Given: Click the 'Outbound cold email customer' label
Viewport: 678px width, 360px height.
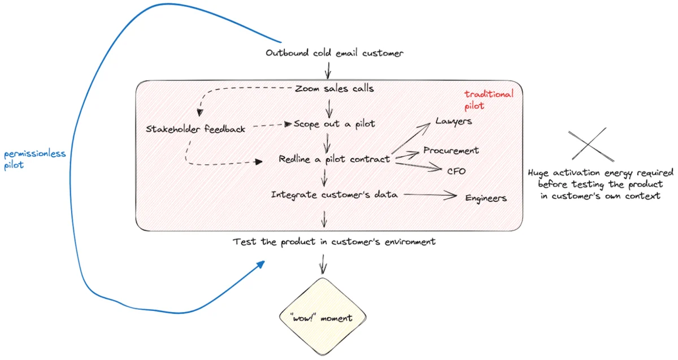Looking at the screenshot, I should (x=334, y=53).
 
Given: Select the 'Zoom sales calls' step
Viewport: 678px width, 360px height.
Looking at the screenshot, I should (x=334, y=89).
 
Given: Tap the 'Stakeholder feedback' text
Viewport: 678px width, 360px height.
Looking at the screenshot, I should (x=195, y=129).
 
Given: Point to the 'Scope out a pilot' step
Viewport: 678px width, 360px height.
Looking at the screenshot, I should (x=334, y=124).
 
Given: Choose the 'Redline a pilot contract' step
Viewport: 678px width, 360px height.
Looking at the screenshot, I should (x=334, y=159).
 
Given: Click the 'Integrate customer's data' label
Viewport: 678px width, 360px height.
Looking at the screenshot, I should (x=334, y=195).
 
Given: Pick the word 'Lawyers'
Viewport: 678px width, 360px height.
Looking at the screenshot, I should (x=453, y=122).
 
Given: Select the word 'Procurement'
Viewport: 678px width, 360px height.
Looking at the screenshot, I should (x=451, y=151).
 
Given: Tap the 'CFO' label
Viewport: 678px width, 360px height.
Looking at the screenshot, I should (x=457, y=171).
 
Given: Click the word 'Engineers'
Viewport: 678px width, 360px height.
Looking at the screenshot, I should (x=486, y=198).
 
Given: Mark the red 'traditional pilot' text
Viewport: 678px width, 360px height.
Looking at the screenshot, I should (x=489, y=100).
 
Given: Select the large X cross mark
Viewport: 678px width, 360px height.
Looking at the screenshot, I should (x=587, y=146).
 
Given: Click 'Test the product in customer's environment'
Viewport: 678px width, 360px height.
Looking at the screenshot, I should (x=334, y=242).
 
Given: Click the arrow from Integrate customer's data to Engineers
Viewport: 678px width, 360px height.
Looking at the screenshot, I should (x=429, y=196).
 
